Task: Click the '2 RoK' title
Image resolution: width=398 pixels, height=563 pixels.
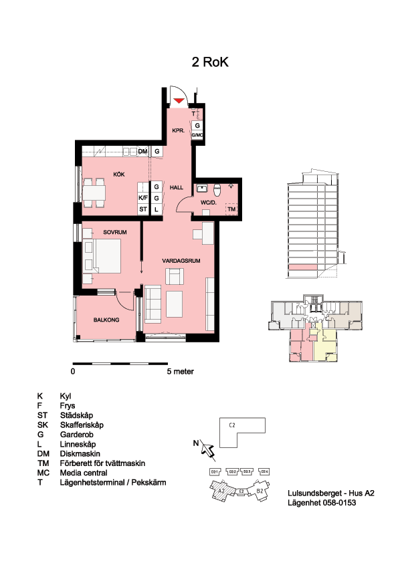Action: coord(210,62)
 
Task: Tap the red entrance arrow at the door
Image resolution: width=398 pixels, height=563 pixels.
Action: coord(179,100)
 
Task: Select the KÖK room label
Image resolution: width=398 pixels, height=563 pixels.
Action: coord(119,175)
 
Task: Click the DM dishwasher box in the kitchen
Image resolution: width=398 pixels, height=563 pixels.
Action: coord(142,152)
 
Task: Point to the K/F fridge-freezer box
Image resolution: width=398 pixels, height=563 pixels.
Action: coord(143,198)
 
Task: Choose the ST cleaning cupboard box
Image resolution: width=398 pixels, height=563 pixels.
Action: coord(143,209)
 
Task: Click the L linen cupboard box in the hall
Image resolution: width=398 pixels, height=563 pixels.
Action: coord(157,209)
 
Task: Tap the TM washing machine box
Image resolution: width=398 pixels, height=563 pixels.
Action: coord(231,209)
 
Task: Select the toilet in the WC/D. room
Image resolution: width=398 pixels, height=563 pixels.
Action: coord(217,189)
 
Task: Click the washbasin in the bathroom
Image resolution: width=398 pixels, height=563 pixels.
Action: coord(201,188)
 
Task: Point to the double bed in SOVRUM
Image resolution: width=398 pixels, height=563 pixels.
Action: coord(102,255)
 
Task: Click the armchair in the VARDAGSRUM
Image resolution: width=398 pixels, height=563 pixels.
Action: coord(174,276)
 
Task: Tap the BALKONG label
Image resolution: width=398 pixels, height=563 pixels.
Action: coord(106,320)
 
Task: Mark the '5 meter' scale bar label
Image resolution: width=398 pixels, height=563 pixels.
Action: coord(181,372)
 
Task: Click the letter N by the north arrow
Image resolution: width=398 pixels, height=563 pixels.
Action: coord(196,443)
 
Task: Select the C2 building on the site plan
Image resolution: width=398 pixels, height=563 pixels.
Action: coord(242,433)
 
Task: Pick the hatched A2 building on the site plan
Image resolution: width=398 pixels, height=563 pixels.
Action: coord(221,491)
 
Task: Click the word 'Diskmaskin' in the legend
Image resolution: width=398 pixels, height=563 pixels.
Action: coord(80,454)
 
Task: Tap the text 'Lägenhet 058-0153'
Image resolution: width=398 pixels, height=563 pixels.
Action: coord(322,503)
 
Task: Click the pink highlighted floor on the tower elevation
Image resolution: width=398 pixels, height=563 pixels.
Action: coord(303,267)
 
